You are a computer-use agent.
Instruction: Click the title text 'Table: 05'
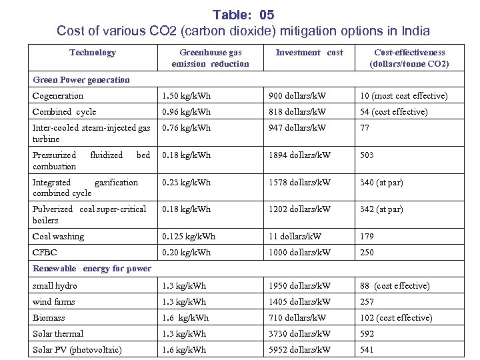[x=243, y=14]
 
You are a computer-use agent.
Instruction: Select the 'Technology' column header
[x=93, y=53]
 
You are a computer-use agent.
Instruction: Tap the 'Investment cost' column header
[x=309, y=53]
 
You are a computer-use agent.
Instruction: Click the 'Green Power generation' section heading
[x=81, y=80]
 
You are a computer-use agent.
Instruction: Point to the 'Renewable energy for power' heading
[x=92, y=269]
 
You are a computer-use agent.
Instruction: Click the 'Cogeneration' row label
[x=58, y=96]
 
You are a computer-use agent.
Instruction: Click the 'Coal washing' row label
[x=58, y=237]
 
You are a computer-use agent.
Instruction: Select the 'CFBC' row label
[x=45, y=253]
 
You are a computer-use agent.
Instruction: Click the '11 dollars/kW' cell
[x=295, y=237]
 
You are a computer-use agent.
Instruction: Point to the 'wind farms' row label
[x=54, y=302]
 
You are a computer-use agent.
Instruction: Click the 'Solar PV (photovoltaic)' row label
[x=77, y=350]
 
